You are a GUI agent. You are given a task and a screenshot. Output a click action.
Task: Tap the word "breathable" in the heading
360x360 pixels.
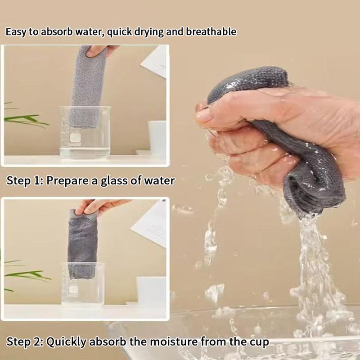click(x=211, y=31)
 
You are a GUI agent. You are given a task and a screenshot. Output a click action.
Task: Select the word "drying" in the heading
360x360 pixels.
click(x=149, y=32)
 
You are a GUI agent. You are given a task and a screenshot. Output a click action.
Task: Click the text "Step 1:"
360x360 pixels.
click(x=25, y=180)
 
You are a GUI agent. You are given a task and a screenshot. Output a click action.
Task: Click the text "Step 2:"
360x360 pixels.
click(x=25, y=342)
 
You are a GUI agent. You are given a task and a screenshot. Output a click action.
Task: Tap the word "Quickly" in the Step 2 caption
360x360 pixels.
click(x=66, y=342)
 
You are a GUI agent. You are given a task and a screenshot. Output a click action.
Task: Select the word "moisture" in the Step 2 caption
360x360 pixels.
click(x=175, y=342)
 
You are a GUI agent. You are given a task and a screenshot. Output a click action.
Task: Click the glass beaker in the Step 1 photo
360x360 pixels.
click(x=85, y=132)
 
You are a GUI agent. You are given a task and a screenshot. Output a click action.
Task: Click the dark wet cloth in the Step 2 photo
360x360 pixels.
click(x=82, y=244)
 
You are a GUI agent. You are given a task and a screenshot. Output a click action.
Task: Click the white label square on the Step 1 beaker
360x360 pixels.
click(x=75, y=138)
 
